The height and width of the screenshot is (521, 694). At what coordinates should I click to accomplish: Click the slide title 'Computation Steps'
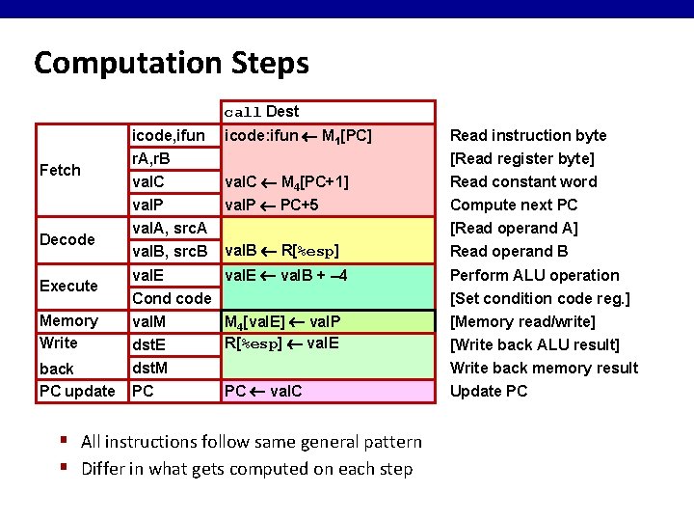(172, 64)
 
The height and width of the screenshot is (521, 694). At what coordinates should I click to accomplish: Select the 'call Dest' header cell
(261, 112)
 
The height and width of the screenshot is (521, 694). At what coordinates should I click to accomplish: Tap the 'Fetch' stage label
(60, 171)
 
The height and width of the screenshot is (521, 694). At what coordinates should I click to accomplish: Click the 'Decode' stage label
(67, 239)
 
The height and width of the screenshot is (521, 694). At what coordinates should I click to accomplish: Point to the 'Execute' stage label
(68, 286)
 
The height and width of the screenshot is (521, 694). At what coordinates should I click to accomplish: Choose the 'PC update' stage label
(76, 392)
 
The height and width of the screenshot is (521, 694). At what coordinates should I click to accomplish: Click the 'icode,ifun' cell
(168, 136)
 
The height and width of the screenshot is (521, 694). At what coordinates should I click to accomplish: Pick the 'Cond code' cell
(171, 298)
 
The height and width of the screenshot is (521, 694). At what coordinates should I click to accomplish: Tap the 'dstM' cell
(149, 368)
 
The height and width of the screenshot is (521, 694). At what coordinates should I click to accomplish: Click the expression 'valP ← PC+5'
(271, 206)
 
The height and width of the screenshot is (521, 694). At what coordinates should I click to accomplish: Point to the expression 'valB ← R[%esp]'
(280, 252)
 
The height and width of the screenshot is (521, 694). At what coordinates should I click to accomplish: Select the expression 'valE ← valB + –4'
(285, 275)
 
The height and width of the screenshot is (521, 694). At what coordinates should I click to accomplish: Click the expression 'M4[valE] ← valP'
(280, 322)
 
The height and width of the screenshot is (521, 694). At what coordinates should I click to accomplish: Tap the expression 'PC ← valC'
(262, 392)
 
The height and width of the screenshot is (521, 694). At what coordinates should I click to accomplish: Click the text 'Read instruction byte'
(529, 136)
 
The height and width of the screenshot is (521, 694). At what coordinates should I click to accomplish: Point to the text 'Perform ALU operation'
(535, 275)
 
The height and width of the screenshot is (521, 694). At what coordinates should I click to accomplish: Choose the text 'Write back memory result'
(544, 368)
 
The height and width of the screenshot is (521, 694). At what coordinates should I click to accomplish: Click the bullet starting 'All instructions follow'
(252, 442)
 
